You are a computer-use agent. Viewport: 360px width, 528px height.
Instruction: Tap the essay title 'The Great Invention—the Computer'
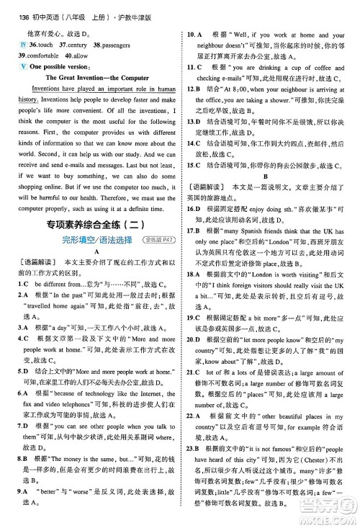pyautogui.click(x=98, y=77)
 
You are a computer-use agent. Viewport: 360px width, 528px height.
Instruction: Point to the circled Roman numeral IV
pyautogui.click(x=21, y=44)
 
